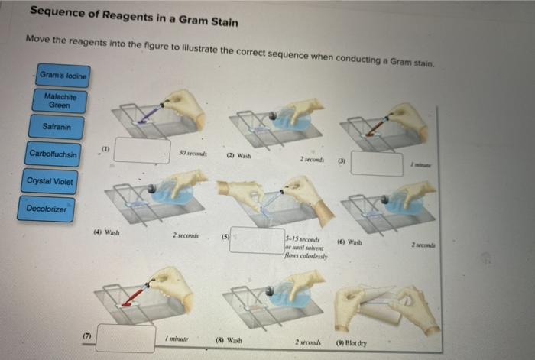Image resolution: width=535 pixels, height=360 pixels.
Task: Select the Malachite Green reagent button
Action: pos(60,100)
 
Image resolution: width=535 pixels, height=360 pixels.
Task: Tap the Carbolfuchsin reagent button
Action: pos(53,154)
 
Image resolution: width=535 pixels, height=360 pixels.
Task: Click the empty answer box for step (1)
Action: pos(142,150)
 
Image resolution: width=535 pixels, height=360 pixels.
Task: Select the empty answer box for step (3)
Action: pos(376,164)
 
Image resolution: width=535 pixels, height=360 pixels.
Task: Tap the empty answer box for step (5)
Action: pos(256,241)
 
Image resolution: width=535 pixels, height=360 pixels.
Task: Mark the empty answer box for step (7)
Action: pos(125,338)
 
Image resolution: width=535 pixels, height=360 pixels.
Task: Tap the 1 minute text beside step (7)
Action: pos(177,338)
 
